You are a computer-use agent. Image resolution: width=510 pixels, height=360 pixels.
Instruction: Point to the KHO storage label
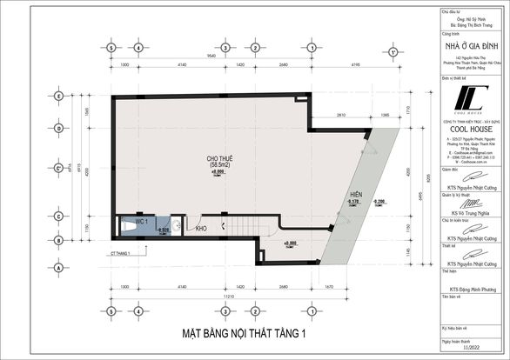(201, 229)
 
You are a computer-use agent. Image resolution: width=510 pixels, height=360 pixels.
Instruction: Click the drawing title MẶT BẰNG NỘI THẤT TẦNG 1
(244, 332)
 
